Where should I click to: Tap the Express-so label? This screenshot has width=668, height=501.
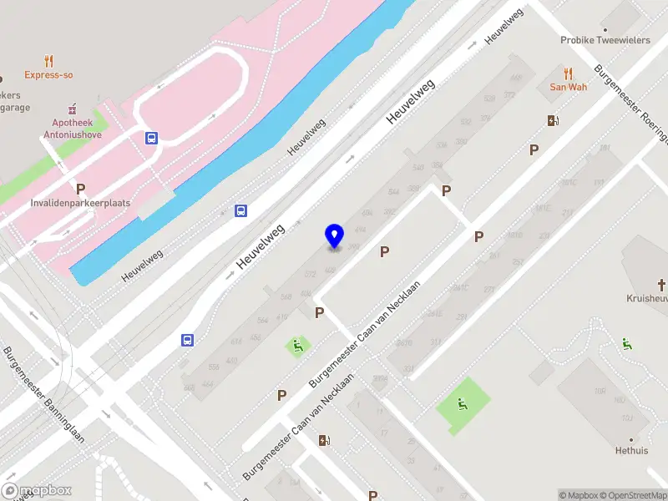coord(48,75)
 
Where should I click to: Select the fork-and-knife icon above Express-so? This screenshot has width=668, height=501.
coord(48,60)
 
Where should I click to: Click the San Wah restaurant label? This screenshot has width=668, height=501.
coord(568,87)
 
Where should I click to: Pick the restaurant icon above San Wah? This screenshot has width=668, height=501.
coord(568,73)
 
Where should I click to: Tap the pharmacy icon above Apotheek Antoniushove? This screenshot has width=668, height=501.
coord(72,109)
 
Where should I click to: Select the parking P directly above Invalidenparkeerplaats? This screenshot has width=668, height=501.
coord(81,189)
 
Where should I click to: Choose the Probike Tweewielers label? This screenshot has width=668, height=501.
coord(605,39)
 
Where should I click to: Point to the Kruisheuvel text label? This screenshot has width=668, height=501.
coord(647,298)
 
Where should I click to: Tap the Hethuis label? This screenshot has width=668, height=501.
coord(632,450)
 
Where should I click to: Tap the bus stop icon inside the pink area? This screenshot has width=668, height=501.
coord(151,138)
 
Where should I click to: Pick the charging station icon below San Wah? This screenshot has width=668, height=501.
coord(552,120)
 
